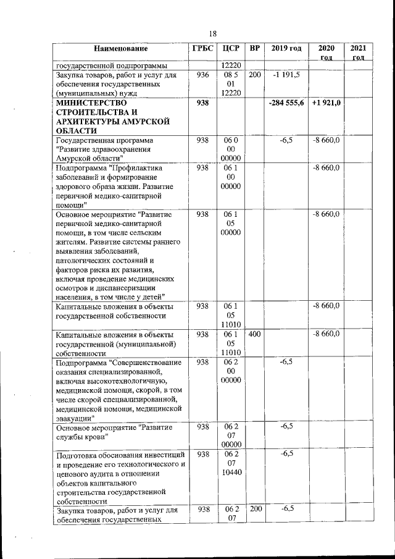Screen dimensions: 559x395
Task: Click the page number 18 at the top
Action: [212, 33]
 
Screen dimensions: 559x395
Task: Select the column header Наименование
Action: [122, 49]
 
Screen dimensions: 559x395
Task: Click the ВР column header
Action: [255, 48]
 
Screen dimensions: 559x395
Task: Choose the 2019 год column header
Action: [286, 48]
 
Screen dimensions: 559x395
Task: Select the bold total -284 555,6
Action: [286, 103]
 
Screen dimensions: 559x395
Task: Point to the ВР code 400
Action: [255, 334]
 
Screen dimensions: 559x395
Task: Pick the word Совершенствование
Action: [145, 362]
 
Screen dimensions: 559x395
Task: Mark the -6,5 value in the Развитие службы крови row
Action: [286, 426]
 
